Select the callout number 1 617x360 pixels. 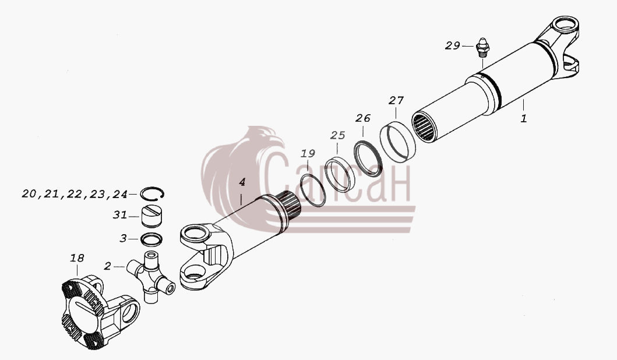coord(523,118)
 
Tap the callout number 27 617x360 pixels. coord(396,101)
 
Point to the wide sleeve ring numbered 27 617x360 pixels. coord(398,141)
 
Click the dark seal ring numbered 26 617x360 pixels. coord(368,158)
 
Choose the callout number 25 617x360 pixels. coord(337,135)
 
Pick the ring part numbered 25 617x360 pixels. coord(341,175)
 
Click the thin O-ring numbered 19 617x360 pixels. coord(313,190)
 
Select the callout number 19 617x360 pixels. coord(308,153)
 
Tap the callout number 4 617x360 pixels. coord(242,182)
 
